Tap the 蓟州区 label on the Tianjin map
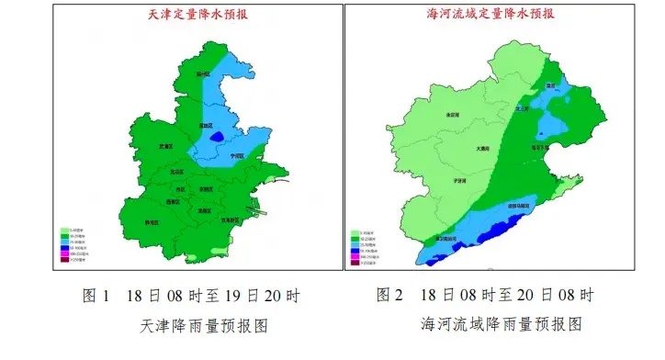click(x=203, y=73)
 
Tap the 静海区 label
click(x=152, y=222)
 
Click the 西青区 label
click(x=173, y=201)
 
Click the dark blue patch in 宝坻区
click(x=217, y=137)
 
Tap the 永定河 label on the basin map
click(x=451, y=115)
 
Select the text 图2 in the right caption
click(x=390, y=296)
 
